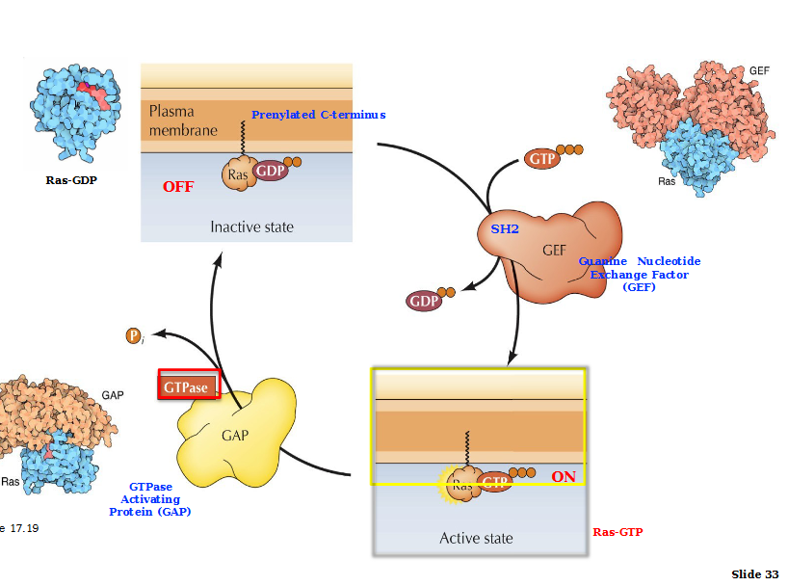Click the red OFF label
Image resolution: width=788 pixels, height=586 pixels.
pos(177,187)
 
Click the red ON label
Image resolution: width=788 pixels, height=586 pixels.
pos(564,477)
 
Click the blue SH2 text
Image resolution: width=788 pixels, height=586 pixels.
pos(505,229)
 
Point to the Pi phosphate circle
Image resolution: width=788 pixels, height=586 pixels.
pos(134,335)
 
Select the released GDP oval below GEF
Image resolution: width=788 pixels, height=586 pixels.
pos(424,302)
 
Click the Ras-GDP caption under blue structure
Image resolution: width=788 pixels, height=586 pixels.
pos(71,179)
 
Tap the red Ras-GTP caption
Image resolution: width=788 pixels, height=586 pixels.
pos(617,532)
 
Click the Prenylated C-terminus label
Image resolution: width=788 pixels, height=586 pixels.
pos(318,115)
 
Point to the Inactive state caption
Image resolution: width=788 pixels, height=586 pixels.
pos(252,227)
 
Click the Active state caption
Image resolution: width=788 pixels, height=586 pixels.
pos(476,538)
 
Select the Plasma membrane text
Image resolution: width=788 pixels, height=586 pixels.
pos(182,120)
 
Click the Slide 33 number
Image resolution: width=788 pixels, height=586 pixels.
pos(754,574)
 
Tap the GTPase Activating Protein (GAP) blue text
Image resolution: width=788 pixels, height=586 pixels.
pos(150,499)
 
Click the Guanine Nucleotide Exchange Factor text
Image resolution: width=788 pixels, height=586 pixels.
pos(639,274)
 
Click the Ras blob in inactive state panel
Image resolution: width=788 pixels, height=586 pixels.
pos(237,174)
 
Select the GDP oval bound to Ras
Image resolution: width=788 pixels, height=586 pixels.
pos(269,171)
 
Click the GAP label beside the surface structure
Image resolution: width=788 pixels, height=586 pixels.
pos(113,395)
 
